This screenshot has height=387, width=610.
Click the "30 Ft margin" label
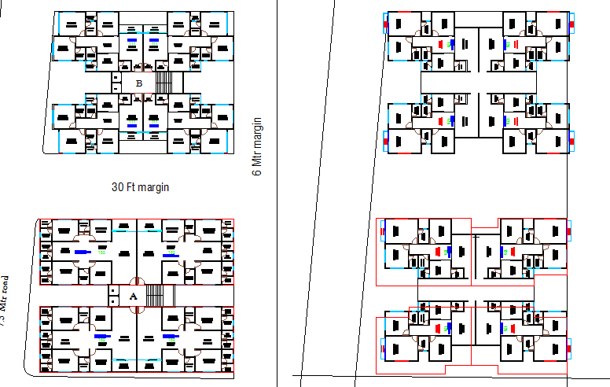pyautogui.click(x=141, y=187)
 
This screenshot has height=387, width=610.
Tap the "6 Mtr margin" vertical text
pyautogui.click(x=256, y=147)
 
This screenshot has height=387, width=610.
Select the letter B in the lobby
pyautogui.click(x=139, y=83)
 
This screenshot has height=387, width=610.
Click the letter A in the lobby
pyautogui.click(x=133, y=296)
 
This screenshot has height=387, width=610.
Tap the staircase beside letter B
pyautogui.click(x=164, y=82)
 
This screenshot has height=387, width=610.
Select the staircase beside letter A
pyautogui.click(x=160, y=296)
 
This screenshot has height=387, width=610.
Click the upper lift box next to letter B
pyautogui.click(x=116, y=78)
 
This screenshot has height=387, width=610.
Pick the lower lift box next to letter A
pyautogui.click(x=114, y=301)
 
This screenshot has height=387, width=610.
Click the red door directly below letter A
pyautogui.click(x=134, y=309)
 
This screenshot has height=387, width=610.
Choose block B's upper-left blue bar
pyautogui.click(x=131, y=39)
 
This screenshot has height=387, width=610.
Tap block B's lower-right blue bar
pyautogui.click(x=153, y=125)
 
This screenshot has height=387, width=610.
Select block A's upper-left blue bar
pyautogui.click(x=83, y=252)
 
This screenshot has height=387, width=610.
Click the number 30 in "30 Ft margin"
pyautogui.click(x=119, y=187)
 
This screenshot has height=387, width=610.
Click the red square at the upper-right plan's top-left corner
pyautogui.click(x=386, y=24)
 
